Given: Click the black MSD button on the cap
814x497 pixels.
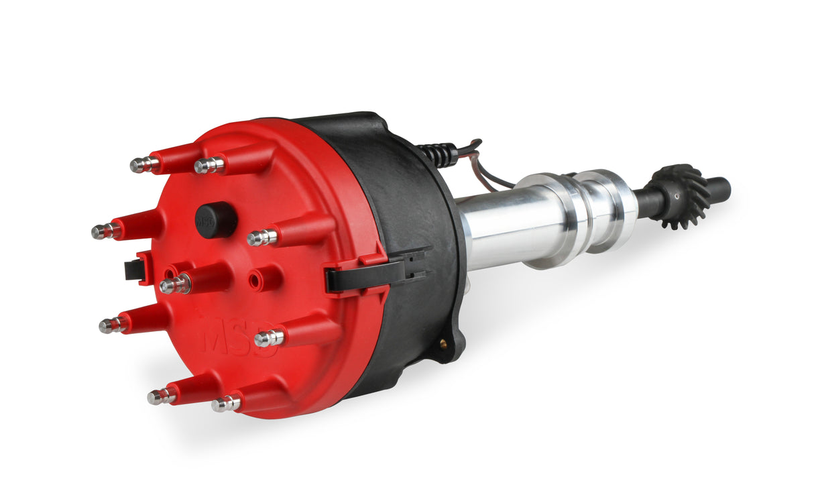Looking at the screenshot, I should tap(216, 219).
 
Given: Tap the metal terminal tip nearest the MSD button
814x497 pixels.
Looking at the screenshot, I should tap(262, 237).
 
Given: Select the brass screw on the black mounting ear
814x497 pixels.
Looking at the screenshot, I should tap(443, 344).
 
